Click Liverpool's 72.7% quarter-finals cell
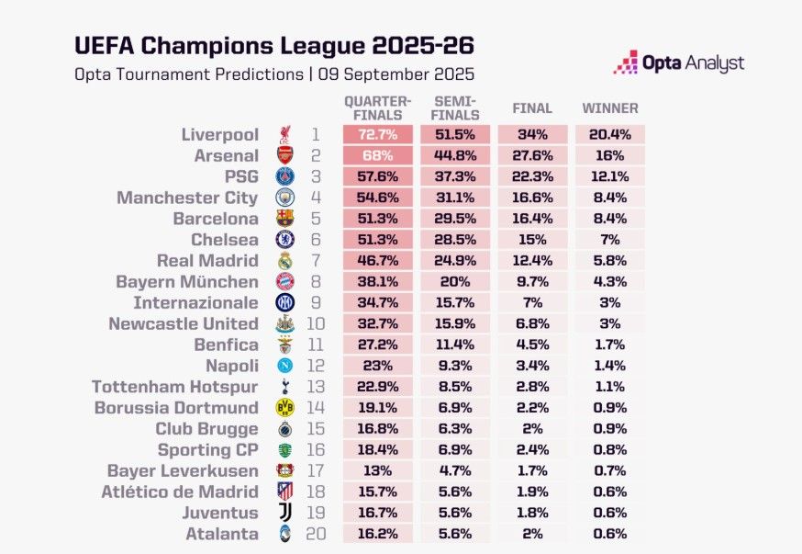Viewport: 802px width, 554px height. tap(378, 135)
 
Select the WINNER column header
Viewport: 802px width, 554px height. tap(610, 108)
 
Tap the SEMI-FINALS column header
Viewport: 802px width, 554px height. tap(456, 108)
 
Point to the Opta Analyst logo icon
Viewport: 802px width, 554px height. tap(626, 62)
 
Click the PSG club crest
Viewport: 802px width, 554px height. tap(285, 176)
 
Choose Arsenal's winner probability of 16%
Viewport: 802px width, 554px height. tap(610, 156)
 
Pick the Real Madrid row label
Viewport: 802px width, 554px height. tap(207, 261)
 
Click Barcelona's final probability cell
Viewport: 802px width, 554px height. tap(532, 219)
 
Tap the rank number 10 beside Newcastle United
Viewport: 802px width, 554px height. tap(316, 324)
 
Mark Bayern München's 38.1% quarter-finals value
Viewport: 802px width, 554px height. tap(378, 282)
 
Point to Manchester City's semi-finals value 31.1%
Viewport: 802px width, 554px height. tap(456, 198)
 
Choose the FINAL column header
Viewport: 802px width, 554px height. tap(532, 108)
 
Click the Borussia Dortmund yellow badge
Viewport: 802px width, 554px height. tap(285, 408)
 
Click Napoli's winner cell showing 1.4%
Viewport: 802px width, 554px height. tap(610, 366)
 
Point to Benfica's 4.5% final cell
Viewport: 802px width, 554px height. tap(532, 345)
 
